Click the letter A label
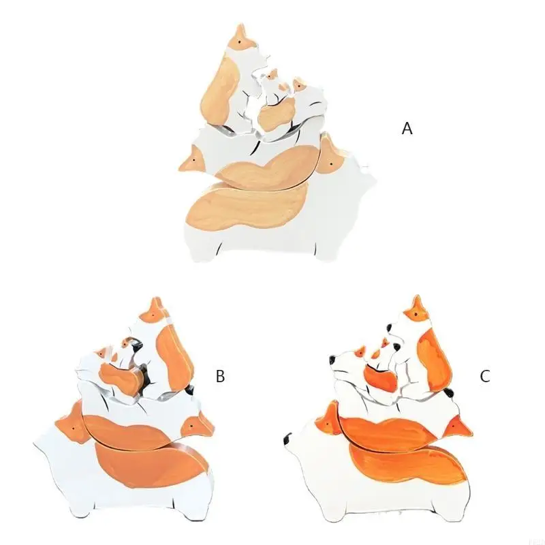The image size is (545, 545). tap(407, 128)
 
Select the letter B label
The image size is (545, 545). tap(220, 376)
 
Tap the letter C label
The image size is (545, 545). tap(484, 376)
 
